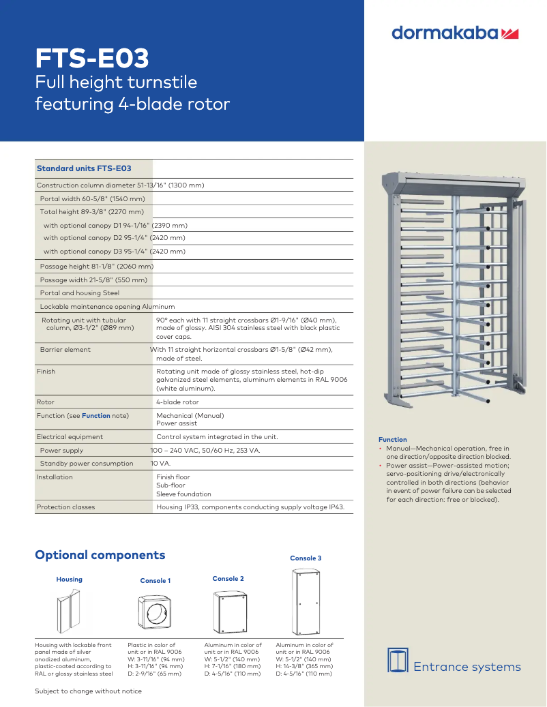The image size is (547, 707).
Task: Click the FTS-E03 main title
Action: (x=92, y=59)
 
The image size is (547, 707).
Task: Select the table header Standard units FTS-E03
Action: (x=84, y=168)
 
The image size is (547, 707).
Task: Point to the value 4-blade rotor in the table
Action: (x=177, y=402)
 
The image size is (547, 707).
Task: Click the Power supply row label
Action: (x=61, y=451)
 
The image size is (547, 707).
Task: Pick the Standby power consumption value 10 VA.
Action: (x=160, y=464)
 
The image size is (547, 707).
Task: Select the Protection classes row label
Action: (x=65, y=507)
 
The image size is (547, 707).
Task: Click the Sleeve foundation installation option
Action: (x=183, y=494)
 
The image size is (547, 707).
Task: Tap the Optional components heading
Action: (x=100, y=555)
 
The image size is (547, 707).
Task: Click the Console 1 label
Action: (x=156, y=581)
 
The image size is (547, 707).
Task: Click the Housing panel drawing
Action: (x=70, y=611)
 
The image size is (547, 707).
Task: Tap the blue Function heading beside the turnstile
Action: (x=392, y=440)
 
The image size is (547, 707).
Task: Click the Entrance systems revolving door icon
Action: (x=398, y=660)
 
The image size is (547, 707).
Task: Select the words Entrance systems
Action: (x=467, y=667)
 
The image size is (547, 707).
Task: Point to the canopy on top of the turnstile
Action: (x=452, y=183)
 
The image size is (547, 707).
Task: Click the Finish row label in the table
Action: (x=46, y=372)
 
